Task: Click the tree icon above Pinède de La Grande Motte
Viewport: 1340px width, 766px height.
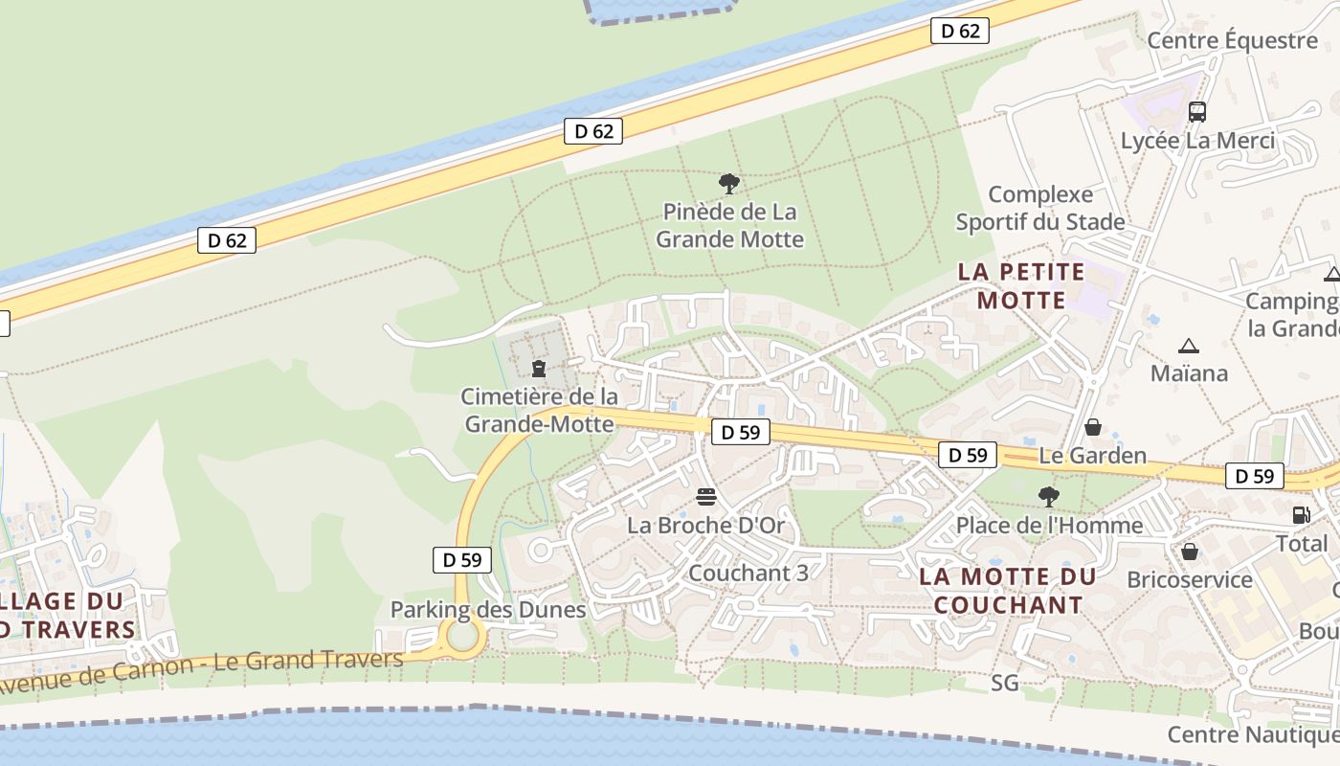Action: pos(729,183)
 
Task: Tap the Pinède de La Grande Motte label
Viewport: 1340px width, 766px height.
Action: pos(729,225)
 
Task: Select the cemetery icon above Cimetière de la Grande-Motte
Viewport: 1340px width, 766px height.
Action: pos(539,368)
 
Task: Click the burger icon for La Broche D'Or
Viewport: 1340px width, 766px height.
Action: pos(706,497)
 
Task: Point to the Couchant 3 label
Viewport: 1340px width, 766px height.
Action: pos(748,573)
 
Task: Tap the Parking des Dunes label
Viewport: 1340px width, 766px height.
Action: pos(487,610)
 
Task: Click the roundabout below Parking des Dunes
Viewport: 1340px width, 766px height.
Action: pos(462,637)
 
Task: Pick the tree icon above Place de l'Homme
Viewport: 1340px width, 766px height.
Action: pos(1049,497)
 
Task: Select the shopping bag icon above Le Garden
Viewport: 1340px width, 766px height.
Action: pos(1092,427)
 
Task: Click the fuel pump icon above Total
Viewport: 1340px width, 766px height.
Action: pos(1301,515)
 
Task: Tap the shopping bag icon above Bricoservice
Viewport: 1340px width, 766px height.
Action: pos(1189,552)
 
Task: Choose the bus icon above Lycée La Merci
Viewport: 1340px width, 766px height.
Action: pos(1196,112)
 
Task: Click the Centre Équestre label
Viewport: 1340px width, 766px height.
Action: pos(1232,40)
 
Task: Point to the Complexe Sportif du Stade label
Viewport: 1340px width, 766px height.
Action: pos(1040,209)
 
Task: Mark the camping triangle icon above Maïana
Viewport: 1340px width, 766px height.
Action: pos(1189,346)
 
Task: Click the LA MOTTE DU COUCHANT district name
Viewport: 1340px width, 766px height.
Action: pos(1007,591)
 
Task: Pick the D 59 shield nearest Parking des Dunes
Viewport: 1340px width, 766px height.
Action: pos(462,560)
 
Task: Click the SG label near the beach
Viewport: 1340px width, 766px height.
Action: pos(1005,683)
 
